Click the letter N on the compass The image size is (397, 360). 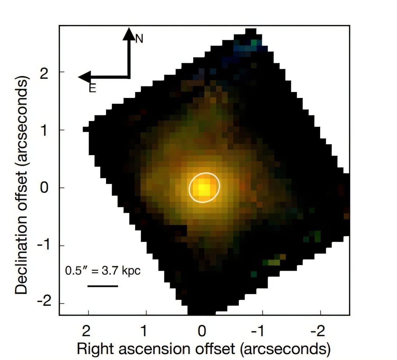click(x=139, y=39)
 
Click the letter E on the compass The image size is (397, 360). click(x=92, y=89)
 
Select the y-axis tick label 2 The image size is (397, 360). click(x=44, y=73)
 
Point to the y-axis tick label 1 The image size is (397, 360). click(x=44, y=130)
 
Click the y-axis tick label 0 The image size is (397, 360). click(x=44, y=188)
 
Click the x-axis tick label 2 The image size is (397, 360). click(x=86, y=331)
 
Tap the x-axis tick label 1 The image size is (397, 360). click(x=144, y=331)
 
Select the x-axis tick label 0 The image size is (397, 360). click(x=202, y=331)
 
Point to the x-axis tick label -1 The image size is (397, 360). click(x=257, y=331)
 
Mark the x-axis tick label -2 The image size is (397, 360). click(x=318, y=331)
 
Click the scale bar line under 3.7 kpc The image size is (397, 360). click(x=103, y=286)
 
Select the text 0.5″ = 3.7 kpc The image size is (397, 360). click(x=103, y=271)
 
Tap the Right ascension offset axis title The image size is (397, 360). click(x=203, y=349)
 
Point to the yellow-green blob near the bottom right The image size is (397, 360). click(x=274, y=262)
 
